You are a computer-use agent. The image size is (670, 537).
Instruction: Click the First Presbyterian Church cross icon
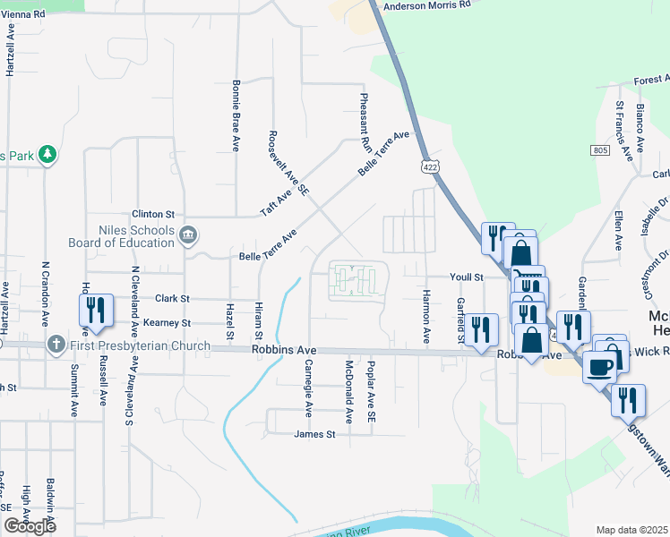coord(56,345)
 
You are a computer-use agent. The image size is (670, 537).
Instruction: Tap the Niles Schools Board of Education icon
coord(188,236)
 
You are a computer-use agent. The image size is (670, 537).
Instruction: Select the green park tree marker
coord(47,156)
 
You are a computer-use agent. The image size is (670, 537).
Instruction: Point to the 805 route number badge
coord(600,149)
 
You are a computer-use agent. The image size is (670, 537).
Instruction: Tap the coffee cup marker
coord(599,365)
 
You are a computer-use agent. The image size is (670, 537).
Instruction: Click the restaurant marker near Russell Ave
coord(95,310)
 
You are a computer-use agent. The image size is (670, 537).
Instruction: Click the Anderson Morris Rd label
coord(426,6)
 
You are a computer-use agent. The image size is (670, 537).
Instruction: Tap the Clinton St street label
coord(152,215)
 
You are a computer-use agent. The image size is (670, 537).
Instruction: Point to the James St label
coord(314,435)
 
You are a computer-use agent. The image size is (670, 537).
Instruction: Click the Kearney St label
coord(167,322)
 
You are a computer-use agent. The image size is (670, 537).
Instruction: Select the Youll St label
coord(467,277)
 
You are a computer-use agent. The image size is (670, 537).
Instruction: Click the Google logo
coord(30,526)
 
